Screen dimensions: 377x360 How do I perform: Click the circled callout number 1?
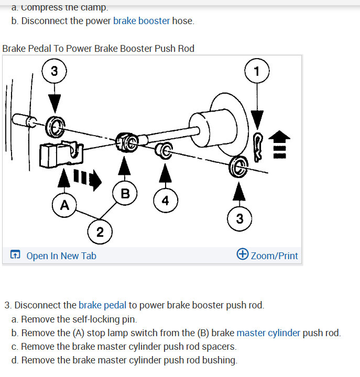tap(256, 72)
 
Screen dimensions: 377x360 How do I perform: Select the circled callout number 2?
tap(100, 232)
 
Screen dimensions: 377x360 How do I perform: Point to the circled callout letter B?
tap(125, 193)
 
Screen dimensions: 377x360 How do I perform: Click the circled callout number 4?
tap(166, 200)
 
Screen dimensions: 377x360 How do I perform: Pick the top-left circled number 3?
tap(54, 71)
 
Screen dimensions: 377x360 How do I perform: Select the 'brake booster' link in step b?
tap(141, 21)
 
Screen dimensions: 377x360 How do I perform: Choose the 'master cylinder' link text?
tap(268, 332)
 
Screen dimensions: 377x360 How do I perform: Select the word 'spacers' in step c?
tap(219, 346)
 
